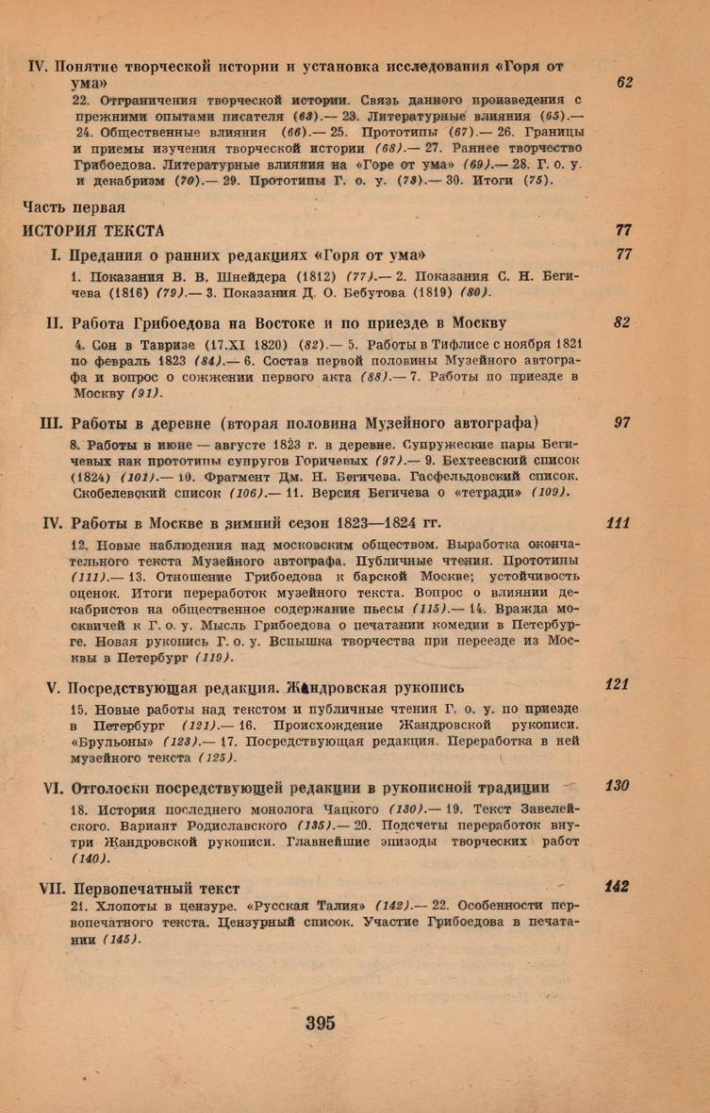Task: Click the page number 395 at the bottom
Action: tap(321, 1023)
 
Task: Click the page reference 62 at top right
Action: tap(624, 84)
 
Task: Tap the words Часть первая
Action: tap(72, 207)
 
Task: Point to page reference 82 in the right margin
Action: tap(621, 322)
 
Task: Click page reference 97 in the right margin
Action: tap(622, 423)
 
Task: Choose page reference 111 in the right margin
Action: tap(619, 523)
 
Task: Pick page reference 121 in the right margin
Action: tap(618, 659)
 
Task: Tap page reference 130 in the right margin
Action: tap(618, 786)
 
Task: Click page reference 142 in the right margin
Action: tap(618, 886)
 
